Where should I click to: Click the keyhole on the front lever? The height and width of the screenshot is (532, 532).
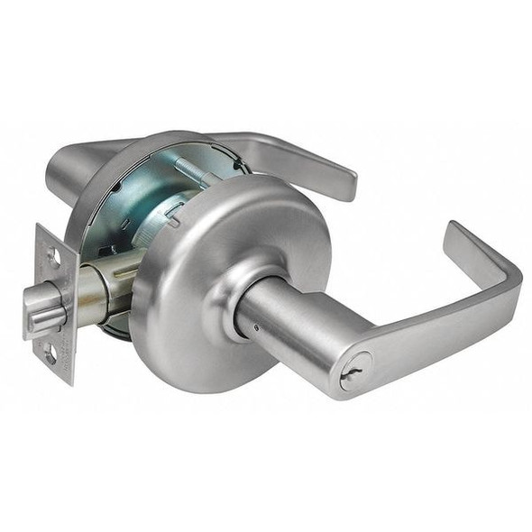355,371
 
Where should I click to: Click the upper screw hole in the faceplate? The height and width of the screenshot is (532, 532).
53,258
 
